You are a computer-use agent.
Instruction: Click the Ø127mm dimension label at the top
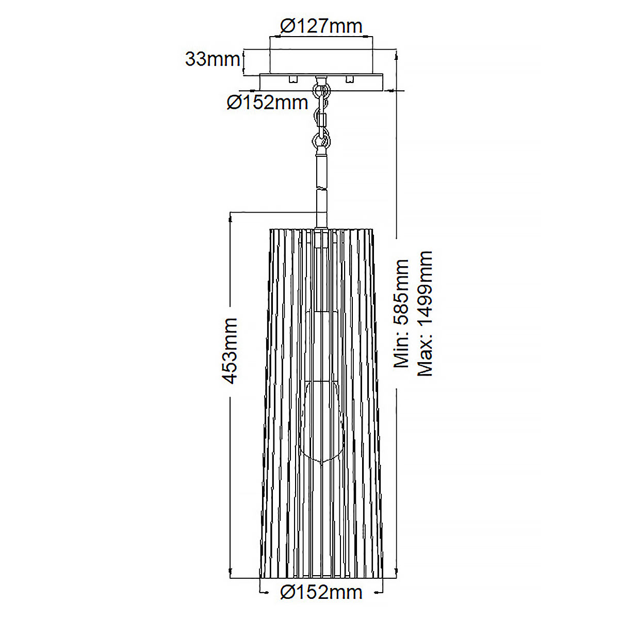[321, 26]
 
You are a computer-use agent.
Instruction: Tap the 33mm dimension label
[213, 59]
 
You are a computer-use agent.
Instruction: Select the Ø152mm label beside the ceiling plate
[267, 103]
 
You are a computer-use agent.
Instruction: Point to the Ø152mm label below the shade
[321, 592]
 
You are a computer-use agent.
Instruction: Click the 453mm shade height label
[230, 351]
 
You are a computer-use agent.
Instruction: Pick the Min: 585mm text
[401, 314]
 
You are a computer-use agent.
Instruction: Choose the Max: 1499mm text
[425, 314]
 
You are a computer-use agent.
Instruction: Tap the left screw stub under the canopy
[294, 79]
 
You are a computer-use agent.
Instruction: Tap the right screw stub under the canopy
[350, 79]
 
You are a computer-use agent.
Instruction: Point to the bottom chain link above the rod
[321, 139]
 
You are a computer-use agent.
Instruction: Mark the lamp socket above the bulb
[321, 346]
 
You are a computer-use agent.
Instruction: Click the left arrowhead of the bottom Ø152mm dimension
[264, 592]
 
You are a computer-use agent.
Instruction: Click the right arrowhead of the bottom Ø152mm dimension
[379, 592]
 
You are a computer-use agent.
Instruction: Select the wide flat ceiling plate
[321, 82]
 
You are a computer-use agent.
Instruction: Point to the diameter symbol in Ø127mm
[287, 26]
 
